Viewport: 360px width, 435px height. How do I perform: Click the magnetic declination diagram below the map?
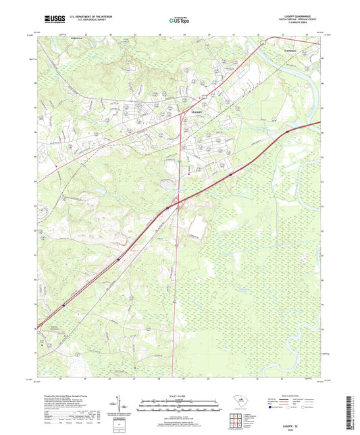click(x=120, y=405)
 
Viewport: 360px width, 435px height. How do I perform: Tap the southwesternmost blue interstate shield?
click(x=63, y=305)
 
